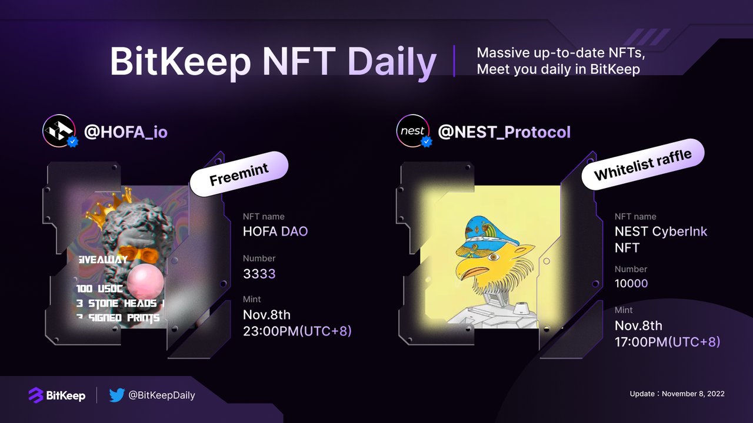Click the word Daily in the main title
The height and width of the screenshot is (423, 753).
[x=392, y=62]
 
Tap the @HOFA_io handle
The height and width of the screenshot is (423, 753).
[x=126, y=131]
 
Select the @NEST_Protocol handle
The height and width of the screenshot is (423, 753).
[x=504, y=131]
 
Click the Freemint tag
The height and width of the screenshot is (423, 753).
[x=239, y=174]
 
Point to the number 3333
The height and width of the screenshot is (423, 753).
[x=259, y=273]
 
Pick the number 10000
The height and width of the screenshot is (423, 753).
[x=631, y=283]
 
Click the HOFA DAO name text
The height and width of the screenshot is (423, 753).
[x=275, y=231]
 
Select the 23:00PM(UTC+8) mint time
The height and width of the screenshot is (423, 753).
[x=297, y=331]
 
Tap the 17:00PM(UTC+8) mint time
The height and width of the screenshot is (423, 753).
[x=667, y=341]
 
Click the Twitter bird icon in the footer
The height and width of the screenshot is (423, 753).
[x=116, y=395]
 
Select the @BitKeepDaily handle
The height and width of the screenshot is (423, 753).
[x=161, y=395]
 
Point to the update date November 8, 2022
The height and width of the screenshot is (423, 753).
[x=677, y=394]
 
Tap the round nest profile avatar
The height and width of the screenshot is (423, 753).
[x=412, y=130]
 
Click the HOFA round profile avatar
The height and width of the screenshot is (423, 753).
[x=59, y=130]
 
